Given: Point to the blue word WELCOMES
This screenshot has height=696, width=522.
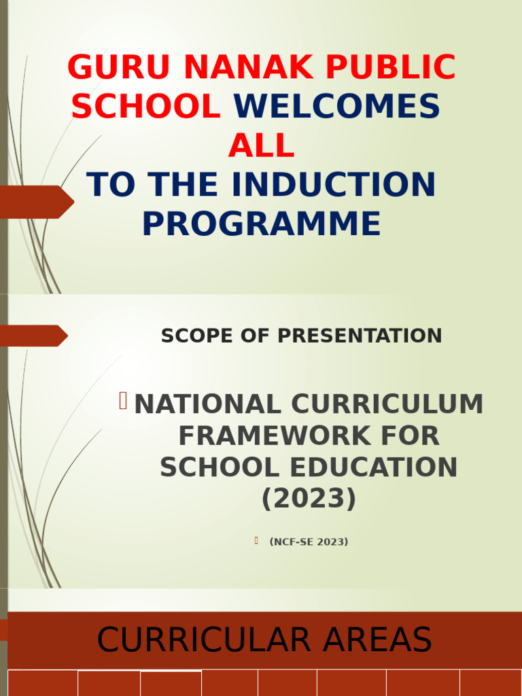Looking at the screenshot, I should point(336,107).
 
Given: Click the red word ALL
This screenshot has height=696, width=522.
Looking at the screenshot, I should point(261,145).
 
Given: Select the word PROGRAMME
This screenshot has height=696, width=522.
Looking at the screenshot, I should point(261,224).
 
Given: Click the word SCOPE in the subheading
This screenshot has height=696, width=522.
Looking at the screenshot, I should point(192,336).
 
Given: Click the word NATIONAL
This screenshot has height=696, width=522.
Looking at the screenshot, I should point(207,404).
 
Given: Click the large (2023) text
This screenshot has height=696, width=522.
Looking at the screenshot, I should point(309,500).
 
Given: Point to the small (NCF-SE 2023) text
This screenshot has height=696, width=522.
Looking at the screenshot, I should point(309,542).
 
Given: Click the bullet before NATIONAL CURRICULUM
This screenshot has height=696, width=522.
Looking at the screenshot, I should point(123,402).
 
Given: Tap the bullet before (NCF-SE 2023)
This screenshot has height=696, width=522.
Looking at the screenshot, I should point(256,540).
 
